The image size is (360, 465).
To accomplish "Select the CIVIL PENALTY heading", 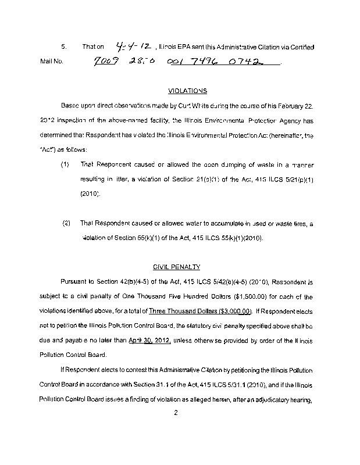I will pyautogui.click(x=177, y=267).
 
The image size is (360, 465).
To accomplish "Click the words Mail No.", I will pyautogui.click(x=51, y=60).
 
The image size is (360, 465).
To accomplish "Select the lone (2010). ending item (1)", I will pyautogui.click(x=90, y=194).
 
